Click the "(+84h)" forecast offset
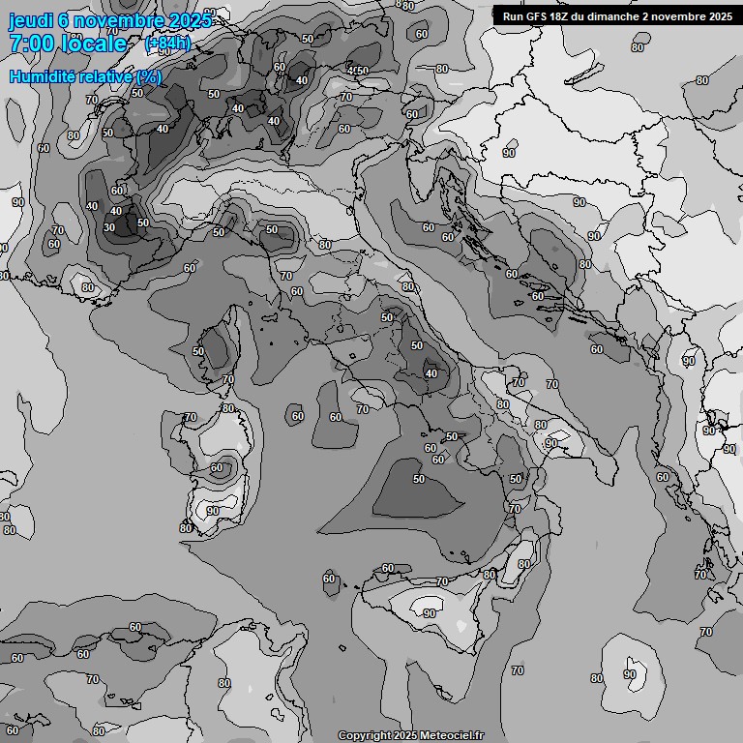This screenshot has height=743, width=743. point(167,43)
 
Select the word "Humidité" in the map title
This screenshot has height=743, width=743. point(43,76)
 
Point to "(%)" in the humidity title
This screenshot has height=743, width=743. point(148,76)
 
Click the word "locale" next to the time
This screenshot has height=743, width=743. point(94,44)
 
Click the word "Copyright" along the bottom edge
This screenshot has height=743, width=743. point(364,735)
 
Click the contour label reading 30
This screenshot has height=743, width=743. point(109,228)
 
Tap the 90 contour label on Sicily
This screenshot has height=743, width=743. point(429,613)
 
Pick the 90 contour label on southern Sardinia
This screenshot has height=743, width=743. point(212,511)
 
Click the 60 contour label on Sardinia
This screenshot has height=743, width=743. point(217,467)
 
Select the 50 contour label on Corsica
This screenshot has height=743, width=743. point(198,351)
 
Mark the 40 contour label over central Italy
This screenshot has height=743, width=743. point(431,373)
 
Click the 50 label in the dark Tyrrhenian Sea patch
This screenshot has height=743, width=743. point(419,479)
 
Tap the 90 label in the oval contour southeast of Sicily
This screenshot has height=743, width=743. point(630,674)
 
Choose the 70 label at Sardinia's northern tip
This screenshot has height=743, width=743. point(191,418)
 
